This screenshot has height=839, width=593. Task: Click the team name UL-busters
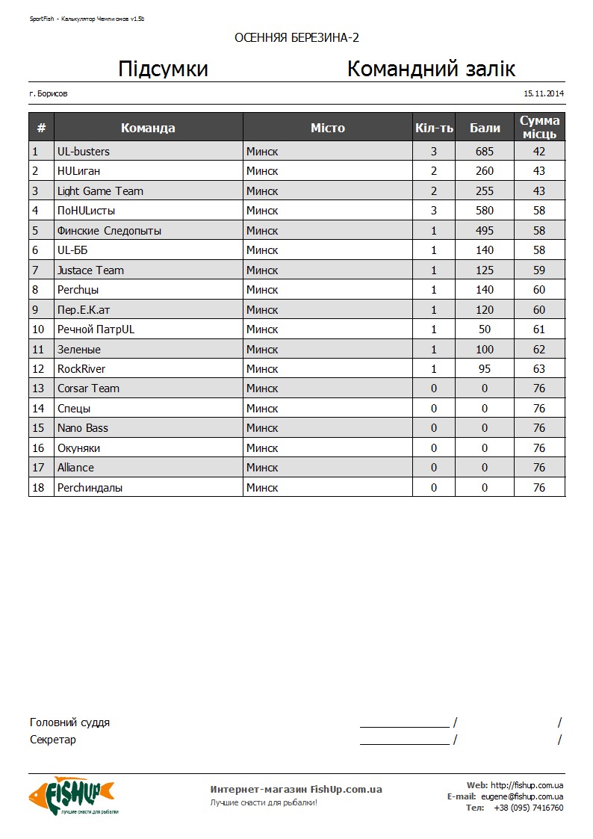click(83, 152)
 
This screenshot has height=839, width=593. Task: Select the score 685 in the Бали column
click(485, 152)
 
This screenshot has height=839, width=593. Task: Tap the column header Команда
click(148, 128)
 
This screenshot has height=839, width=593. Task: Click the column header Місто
click(328, 128)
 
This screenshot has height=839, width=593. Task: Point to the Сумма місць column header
click(539, 127)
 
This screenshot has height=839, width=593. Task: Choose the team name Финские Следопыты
click(109, 231)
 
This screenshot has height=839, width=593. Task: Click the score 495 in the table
click(485, 231)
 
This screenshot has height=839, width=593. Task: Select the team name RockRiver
click(81, 369)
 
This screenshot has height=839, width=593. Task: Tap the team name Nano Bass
click(82, 428)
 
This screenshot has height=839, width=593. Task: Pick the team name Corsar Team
click(88, 388)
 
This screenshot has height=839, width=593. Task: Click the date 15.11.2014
click(544, 94)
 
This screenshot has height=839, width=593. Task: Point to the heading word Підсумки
click(163, 69)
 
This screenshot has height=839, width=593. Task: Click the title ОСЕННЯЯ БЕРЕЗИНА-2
click(296, 38)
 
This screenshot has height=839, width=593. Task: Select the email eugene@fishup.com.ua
click(522, 796)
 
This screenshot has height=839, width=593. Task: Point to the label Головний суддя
click(69, 722)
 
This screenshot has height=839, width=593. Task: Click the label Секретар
click(52, 740)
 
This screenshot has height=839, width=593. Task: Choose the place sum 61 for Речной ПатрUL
click(539, 329)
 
